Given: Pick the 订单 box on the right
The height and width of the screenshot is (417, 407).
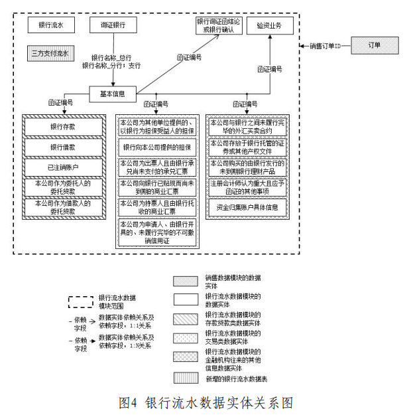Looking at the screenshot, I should click(375, 46).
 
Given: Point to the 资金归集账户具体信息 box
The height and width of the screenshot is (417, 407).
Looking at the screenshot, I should click(247, 207).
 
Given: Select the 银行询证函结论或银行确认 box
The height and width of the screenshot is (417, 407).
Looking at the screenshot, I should click(219, 27).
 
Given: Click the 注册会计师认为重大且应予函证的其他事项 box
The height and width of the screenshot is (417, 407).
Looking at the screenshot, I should click(247, 187).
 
